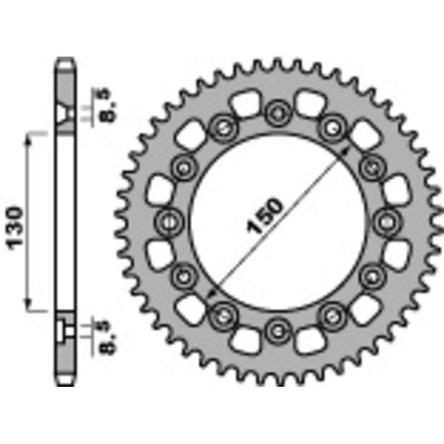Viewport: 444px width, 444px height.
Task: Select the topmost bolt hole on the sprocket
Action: click(x=275, y=114)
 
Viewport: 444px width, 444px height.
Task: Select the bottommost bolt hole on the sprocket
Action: click(x=275, y=331)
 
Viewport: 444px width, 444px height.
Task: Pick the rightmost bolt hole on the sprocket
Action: click(x=384, y=222)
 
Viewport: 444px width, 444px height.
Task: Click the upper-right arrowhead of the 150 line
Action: click(x=347, y=150)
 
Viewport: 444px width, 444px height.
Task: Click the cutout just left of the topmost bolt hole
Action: click(x=243, y=103)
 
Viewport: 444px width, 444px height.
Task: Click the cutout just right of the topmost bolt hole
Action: click(x=309, y=103)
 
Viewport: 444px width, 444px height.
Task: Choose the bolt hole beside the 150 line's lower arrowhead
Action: click(x=221, y=316)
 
